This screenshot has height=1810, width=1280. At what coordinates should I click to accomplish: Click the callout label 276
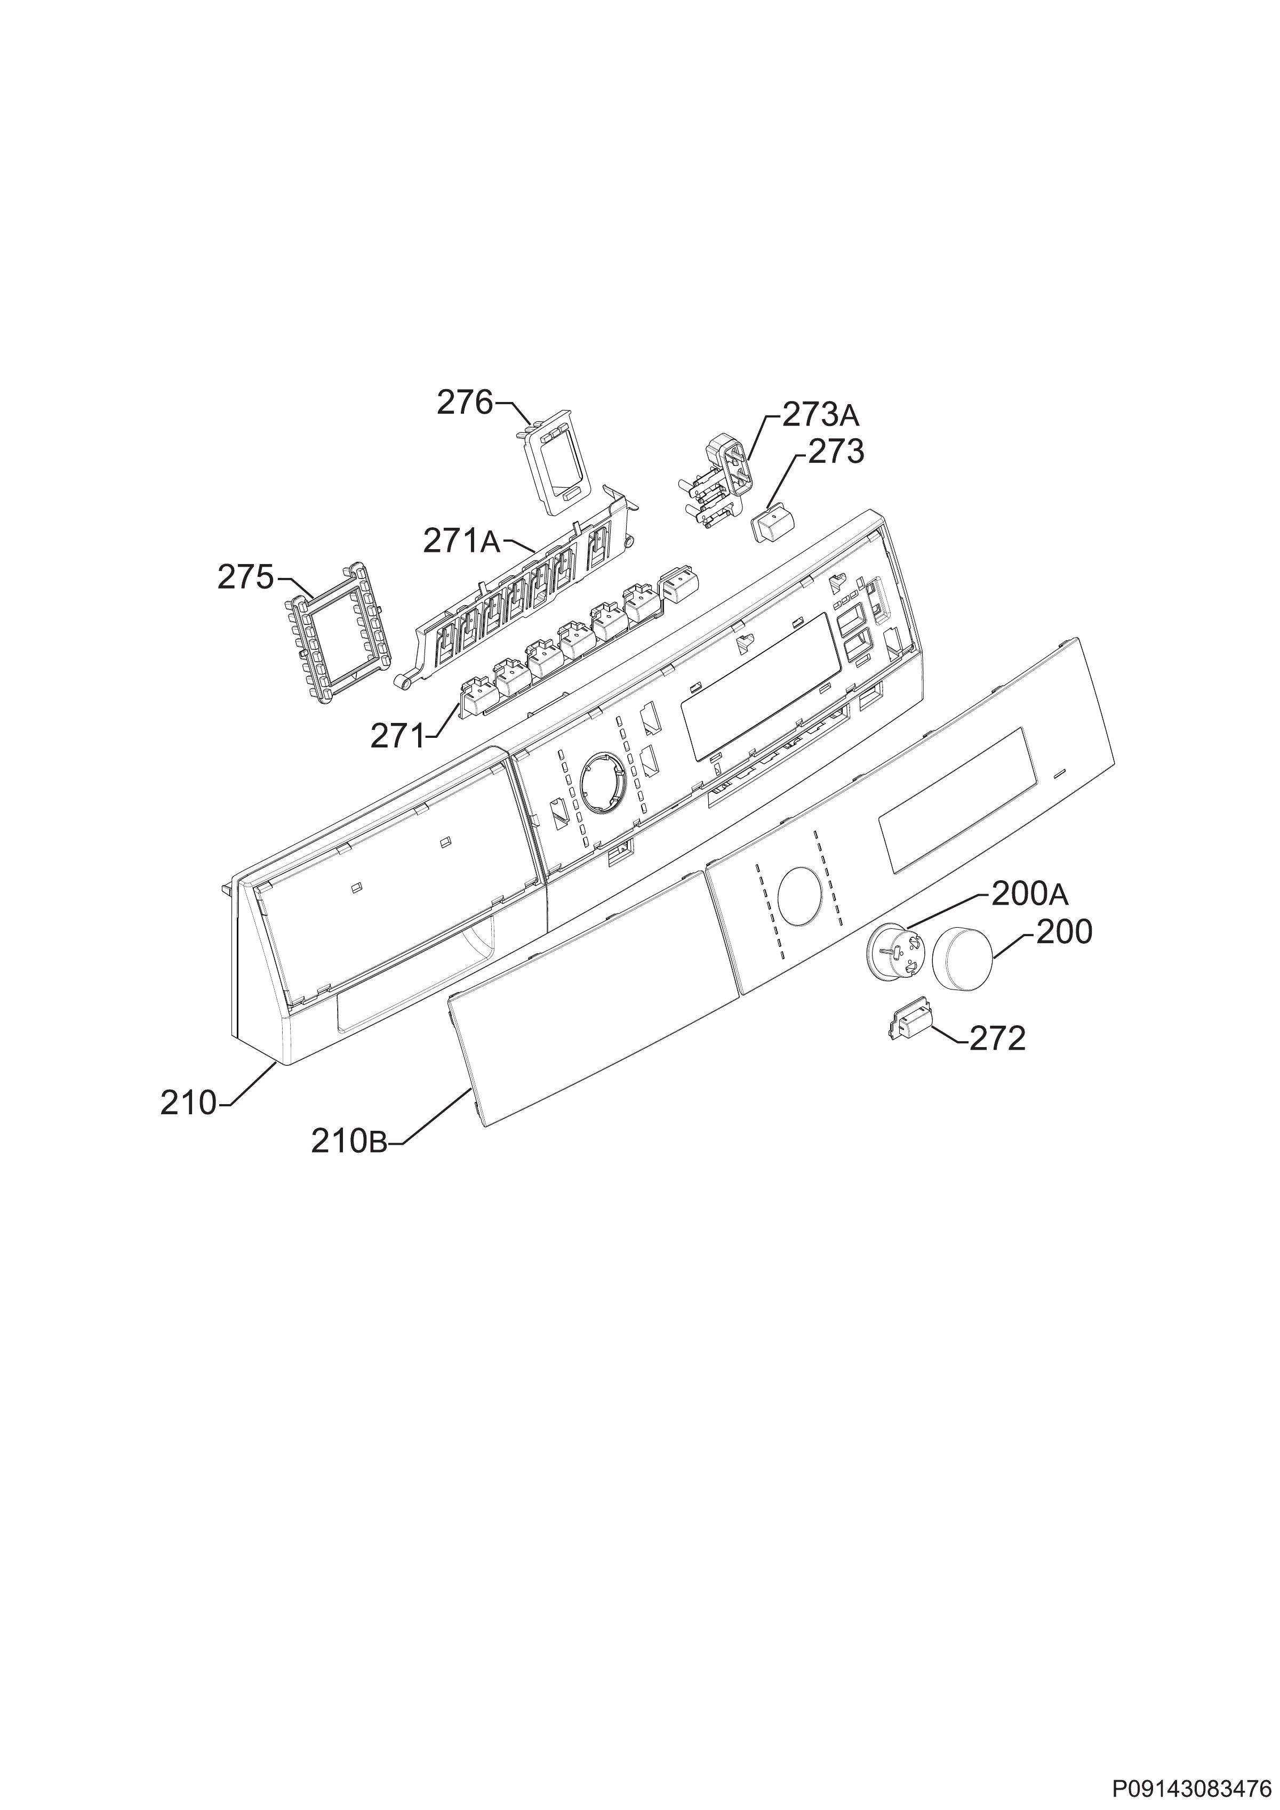pos(465,403)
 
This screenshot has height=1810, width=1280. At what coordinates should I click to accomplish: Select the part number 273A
pos(821,414)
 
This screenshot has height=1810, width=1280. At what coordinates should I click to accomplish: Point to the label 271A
pos(461,542)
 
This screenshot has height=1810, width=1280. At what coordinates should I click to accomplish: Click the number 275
pos(245,578)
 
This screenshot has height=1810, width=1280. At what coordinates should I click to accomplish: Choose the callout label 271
pos(397,737)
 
